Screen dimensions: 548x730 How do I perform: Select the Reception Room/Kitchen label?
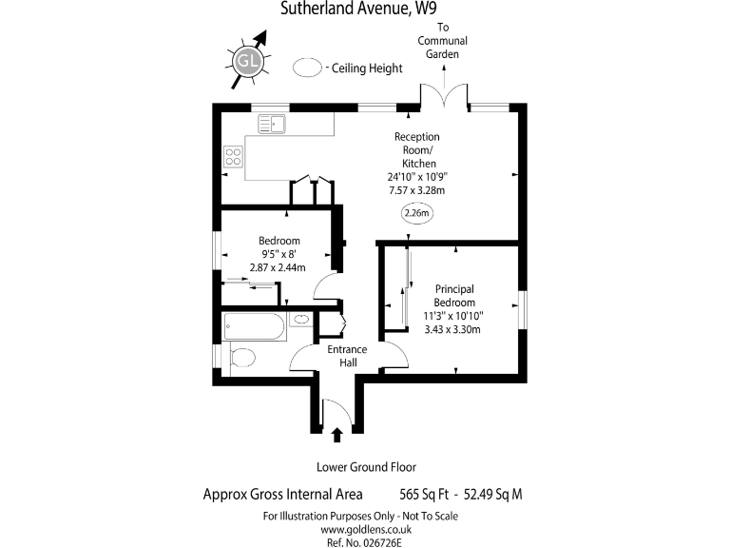(417, 150)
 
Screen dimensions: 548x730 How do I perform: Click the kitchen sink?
(272, 124)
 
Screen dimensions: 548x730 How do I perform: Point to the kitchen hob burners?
(231, 156)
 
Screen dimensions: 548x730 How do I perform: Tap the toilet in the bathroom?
(239, 359)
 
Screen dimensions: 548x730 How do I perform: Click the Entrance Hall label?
(347, 356)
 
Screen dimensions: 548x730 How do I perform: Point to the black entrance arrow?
(336, 436)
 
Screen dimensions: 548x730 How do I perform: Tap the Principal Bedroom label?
(454, 295)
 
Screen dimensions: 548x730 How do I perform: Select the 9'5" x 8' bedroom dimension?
(279, 254)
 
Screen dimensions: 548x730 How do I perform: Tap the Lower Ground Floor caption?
(366, 467)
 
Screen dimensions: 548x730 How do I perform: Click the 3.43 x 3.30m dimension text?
(453, 330)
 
